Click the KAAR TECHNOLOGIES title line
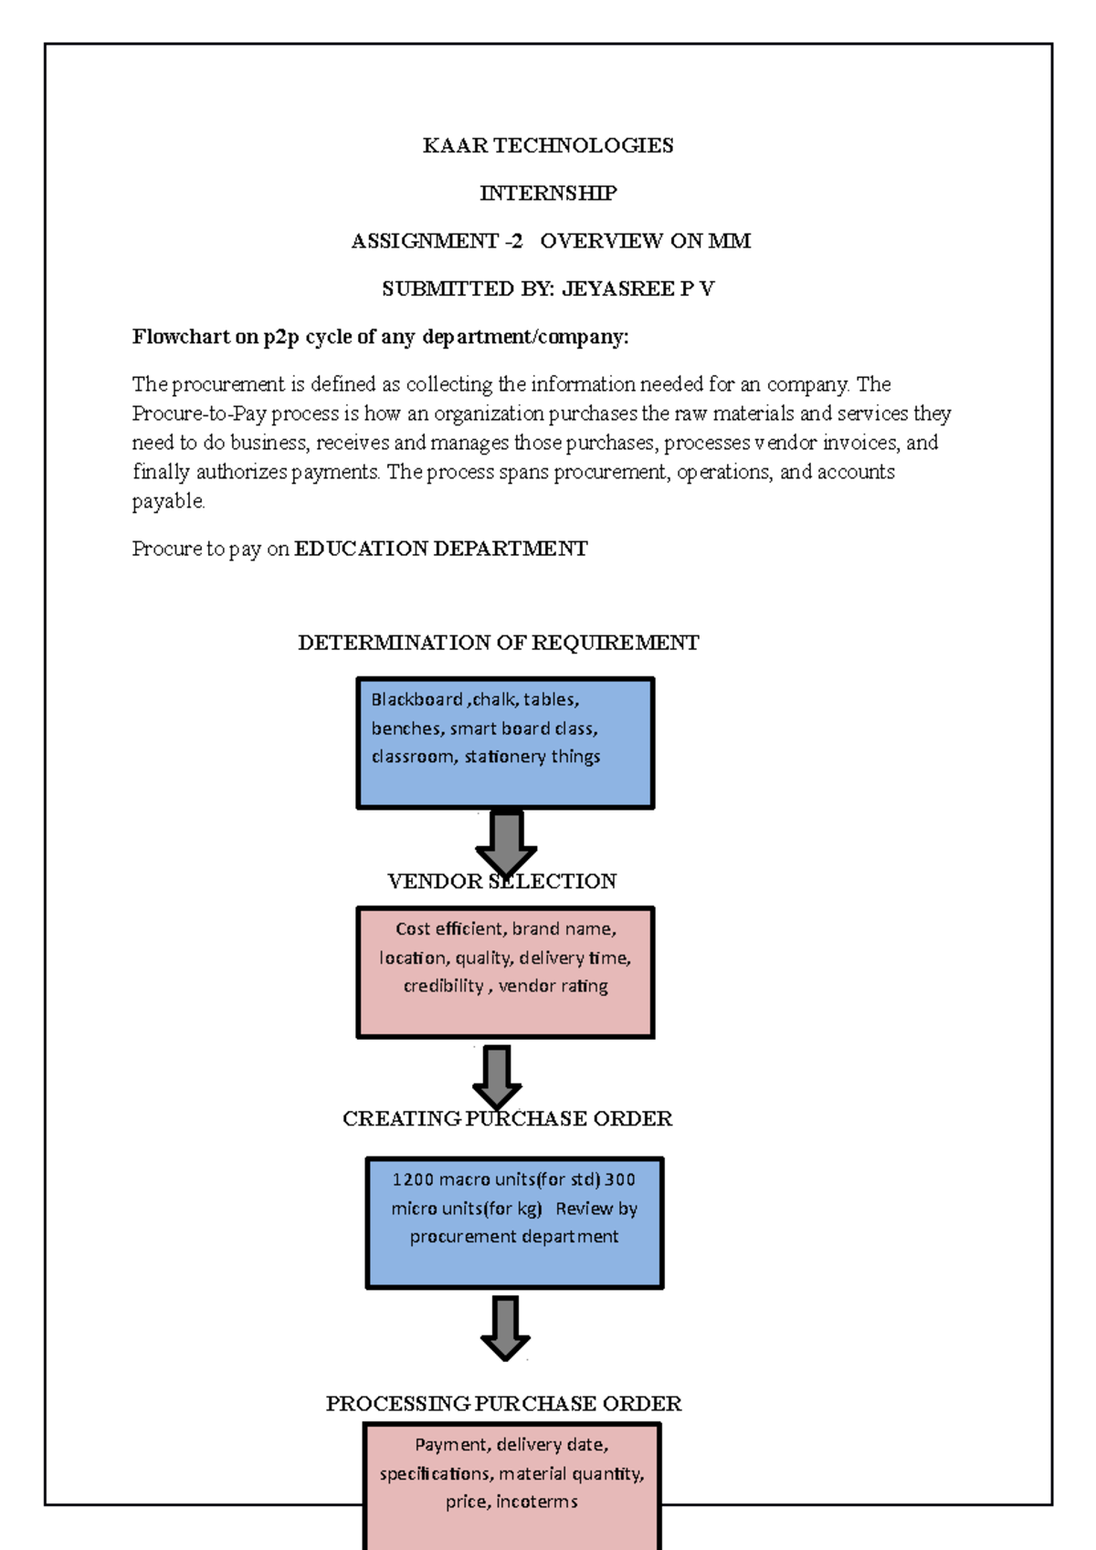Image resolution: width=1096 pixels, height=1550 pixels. [x=548, y=145]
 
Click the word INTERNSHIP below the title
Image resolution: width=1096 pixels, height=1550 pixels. [x=548, y=193]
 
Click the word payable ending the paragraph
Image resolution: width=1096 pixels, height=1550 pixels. [x=168, y=501]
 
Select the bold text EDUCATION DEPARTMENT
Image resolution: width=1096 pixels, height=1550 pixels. [x=440, y=549]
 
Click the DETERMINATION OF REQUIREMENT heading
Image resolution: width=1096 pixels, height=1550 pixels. [x=498, y=643]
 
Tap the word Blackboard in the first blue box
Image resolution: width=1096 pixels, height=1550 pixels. [x=416, y=700]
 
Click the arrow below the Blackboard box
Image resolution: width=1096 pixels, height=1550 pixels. [x=506, y=842]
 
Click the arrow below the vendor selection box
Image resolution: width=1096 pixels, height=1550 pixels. [x=497, y=1075]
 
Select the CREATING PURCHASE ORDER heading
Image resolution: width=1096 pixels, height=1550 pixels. [x=507, y=1118]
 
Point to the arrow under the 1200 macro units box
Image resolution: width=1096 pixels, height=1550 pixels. [x=505, y=1326]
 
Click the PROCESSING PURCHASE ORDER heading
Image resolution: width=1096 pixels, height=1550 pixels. [x=503, y=1403]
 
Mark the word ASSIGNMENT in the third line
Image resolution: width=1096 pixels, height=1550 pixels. [x=425, y=241]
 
